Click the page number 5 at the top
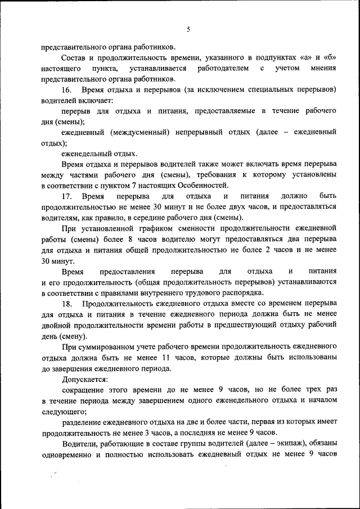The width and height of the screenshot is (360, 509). pyautogui.click(x=188, y=30)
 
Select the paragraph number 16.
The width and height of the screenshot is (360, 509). pyautogui.click(x=66, y=90)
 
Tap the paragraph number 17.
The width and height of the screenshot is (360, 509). pyautogui.click(x=66, y=196)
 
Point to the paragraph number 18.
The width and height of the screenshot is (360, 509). pyautogui.click(x=66, y=304)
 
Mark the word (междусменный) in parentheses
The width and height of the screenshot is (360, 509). pyautogui.click(x=133, y=132)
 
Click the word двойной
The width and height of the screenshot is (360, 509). pyautogui.click(x=55, y=325)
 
